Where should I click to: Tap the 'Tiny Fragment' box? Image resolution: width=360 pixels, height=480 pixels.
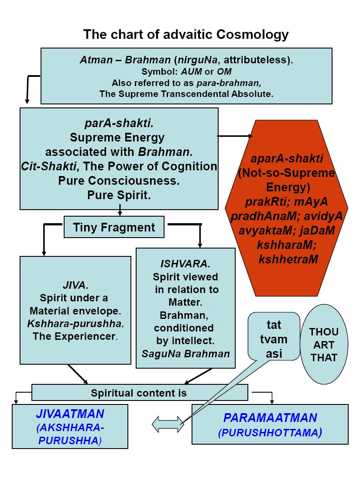(114, 227)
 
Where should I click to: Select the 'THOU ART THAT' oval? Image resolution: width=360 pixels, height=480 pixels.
(323, 345)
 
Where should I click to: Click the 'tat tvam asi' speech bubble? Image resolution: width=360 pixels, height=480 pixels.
(274, 339)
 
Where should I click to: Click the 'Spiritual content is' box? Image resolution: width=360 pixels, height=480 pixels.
(139, 393)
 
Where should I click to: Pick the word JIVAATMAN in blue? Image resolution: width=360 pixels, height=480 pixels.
(70, 413)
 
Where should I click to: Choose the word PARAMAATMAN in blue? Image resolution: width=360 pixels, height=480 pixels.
(270, 418)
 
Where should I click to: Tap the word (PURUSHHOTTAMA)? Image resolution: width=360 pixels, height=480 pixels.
(270, 433)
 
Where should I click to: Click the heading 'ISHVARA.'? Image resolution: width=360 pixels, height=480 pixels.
(185, 264)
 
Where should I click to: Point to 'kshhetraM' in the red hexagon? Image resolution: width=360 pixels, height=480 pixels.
(288, 259)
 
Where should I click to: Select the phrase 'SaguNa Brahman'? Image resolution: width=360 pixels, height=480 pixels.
(185, 353)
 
